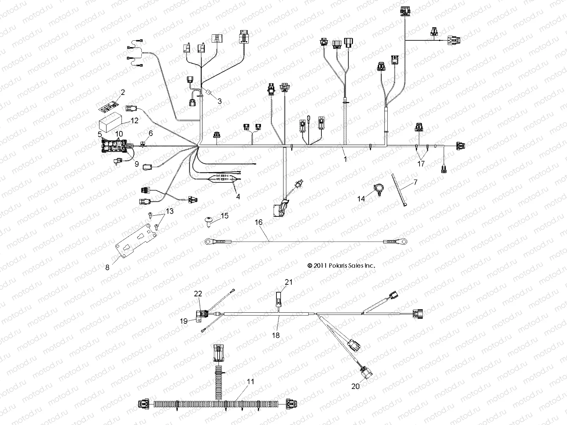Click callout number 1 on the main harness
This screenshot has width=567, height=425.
tap(346, 159)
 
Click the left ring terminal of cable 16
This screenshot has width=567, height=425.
tap(208, 242)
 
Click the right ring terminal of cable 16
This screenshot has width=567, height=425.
tap(402, 242)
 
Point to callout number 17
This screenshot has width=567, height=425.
tap(421, 164)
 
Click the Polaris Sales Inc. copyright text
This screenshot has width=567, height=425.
tap(341, 265)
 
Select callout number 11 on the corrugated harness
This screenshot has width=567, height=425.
tap(251, 382)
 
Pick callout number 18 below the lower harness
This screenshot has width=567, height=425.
tap(276, 335)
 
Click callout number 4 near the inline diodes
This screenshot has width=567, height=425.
tap(238, 196)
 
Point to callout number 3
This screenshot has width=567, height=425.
tap(219, 101)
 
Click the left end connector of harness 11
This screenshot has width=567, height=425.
tap(144, 403)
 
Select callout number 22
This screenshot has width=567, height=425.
tap(198, 294)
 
